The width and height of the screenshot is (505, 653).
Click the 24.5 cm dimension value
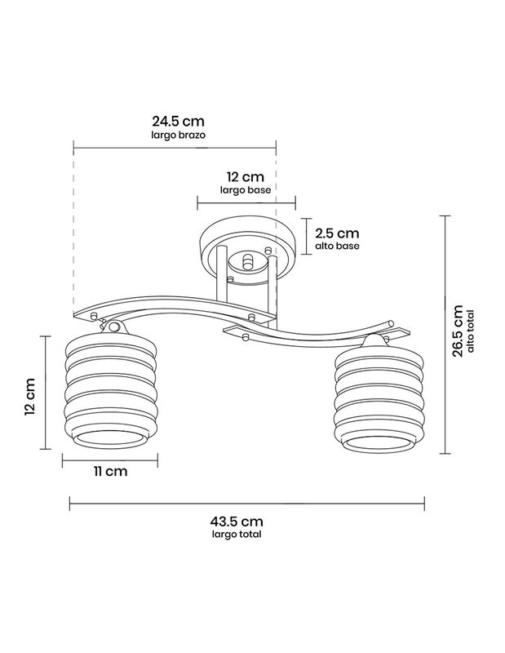178,121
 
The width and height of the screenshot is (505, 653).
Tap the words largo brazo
178,135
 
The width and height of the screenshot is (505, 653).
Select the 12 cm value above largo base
246,176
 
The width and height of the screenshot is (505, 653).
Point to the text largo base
246,190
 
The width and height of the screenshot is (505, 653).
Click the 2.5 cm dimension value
337,233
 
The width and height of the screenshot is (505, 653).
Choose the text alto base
337,246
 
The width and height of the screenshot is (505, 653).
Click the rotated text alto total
471,331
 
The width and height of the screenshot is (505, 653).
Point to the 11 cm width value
110,472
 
